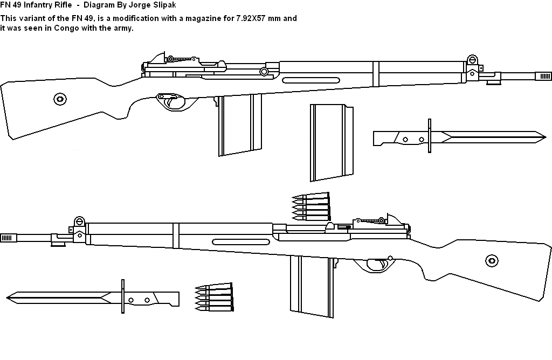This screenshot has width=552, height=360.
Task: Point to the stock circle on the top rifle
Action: pos(60,99)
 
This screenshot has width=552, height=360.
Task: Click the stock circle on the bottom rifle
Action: pos(491,261)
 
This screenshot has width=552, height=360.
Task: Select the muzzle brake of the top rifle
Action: pos(542,76)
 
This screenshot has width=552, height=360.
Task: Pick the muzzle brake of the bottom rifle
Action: pos(8,237)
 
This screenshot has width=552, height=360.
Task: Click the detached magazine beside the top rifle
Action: pos(330,142)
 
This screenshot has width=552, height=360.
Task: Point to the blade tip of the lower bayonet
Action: pos(9,296)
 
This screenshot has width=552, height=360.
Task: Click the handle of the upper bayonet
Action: pos(399,138)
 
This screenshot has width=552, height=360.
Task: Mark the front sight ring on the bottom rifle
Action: pos(79,221)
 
